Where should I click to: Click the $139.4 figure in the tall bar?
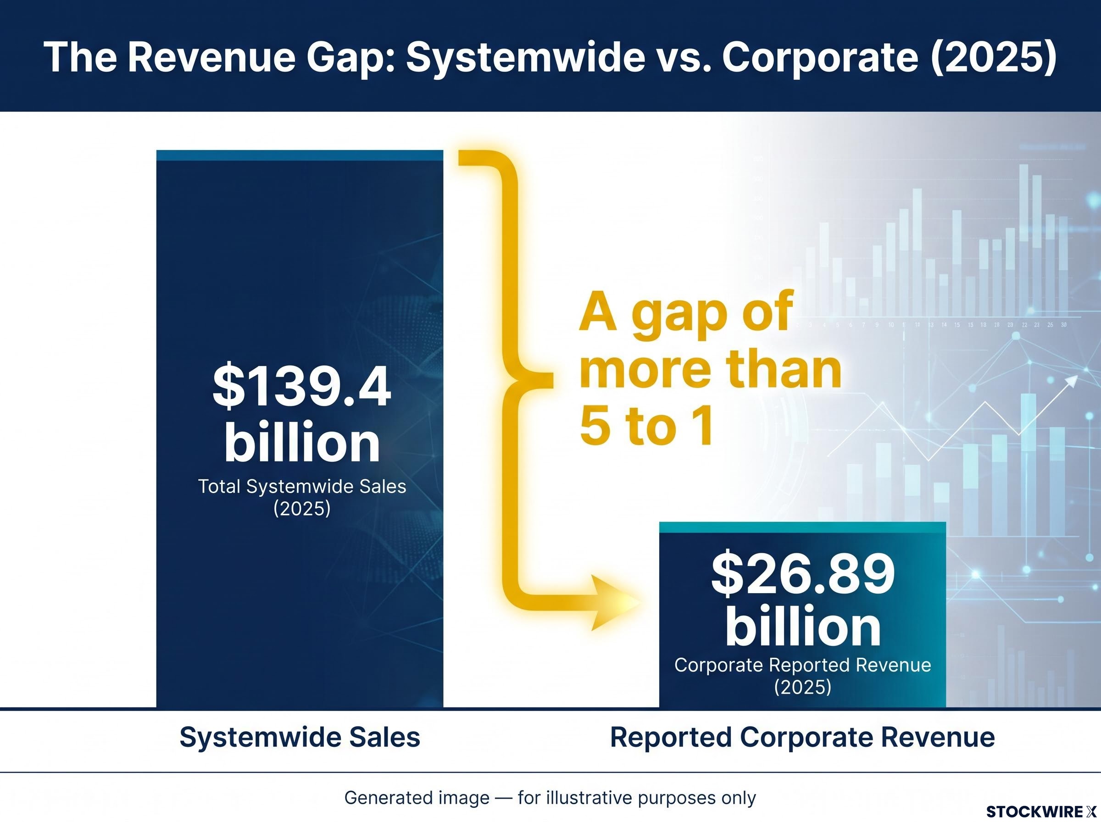pyautogui.click(x=301, y=387)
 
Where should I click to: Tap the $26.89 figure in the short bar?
pyautogui.click(x=802, y=573)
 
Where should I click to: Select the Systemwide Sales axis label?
pyautogui.click(x=300, y=738)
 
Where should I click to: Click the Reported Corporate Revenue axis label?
pyautogui.click(x=802, y=738)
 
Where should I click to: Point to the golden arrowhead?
pyautogui.click(x=615, y=603)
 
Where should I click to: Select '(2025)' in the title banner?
pyautogui.click(x=993, y=58)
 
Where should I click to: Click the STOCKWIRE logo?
pyautogui.click(x=1041, y=811)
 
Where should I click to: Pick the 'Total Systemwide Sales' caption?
pyautogui.click(x=302, y=487)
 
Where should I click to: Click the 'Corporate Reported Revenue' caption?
pyautogui.click(x=802, y=665)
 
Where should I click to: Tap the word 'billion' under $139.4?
pyautogui.click(x=302, y=442)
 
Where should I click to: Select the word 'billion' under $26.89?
pyautogui.click(x=803, y=627)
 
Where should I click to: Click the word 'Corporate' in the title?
pyautogui.click(x=820, y=58)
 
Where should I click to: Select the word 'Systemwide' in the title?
pyautogui.click(x=525, y=58)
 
